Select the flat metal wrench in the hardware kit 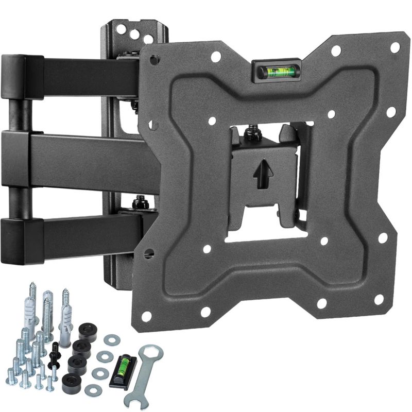pos(144,372)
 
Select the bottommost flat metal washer pos(93,389)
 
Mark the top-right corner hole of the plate pos(395,47)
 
